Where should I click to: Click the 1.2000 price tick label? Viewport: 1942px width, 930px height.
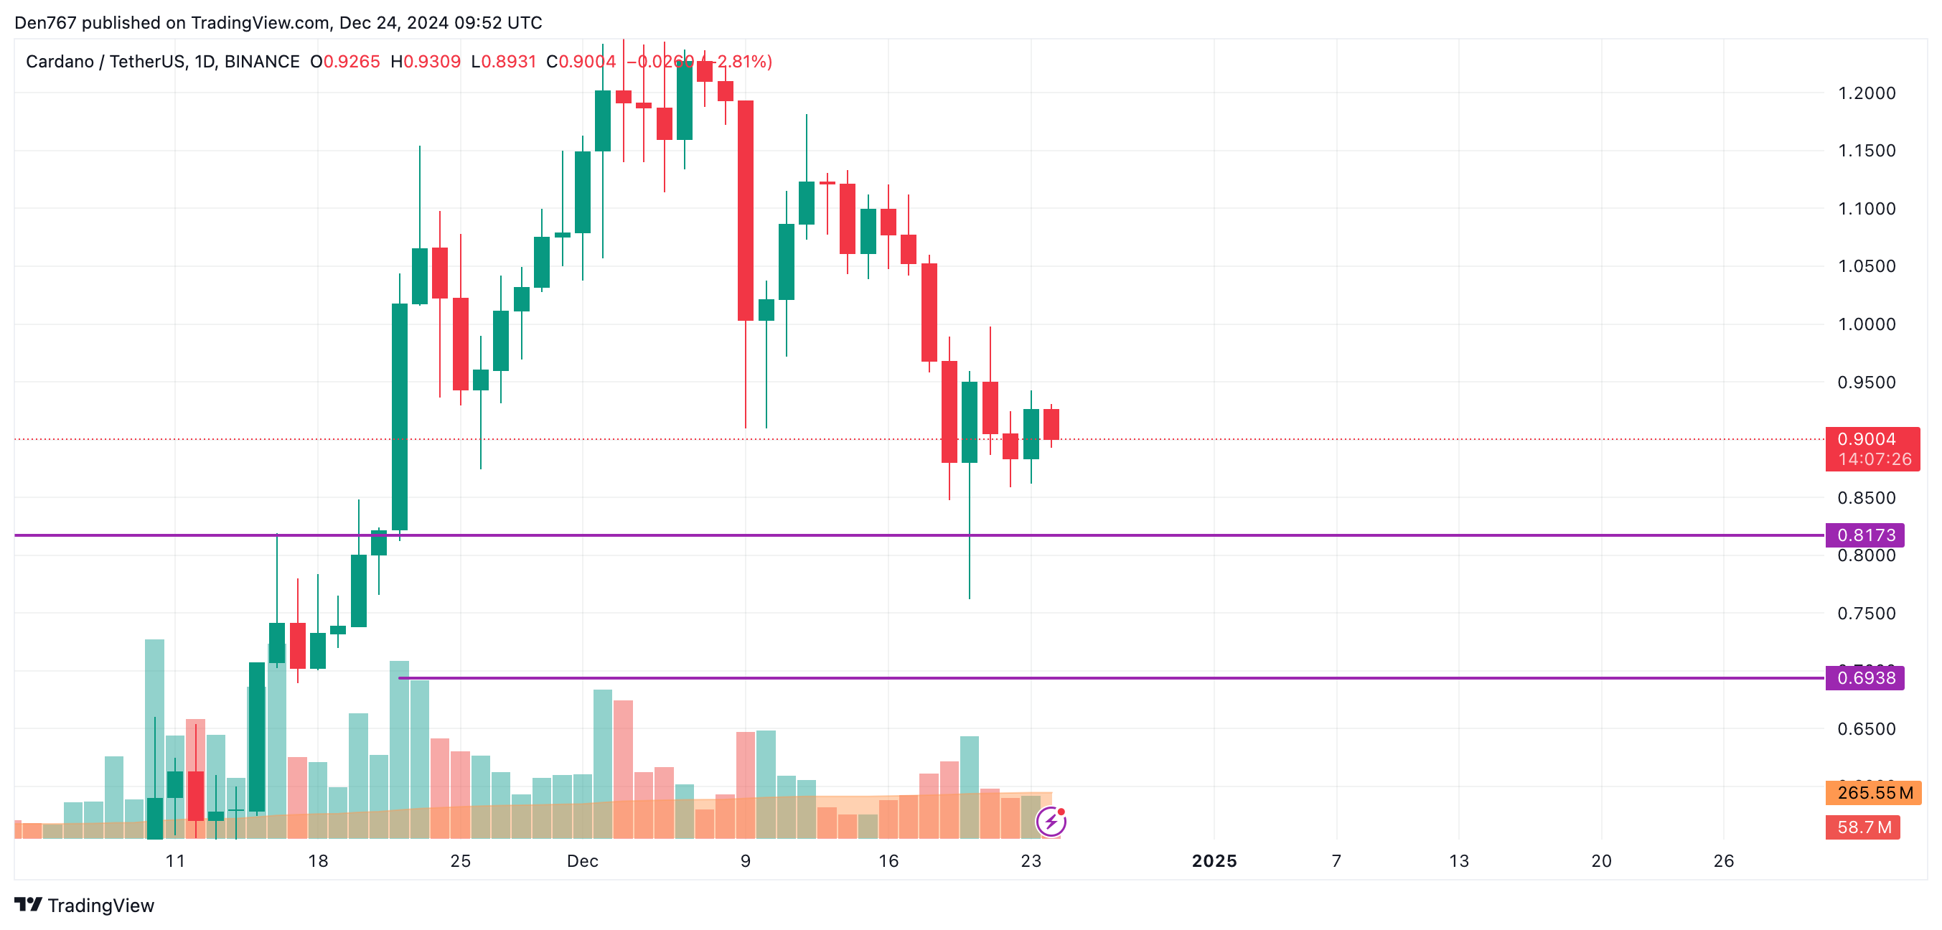[x=1866, y=93]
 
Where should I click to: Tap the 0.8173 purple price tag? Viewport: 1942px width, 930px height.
[x=1864, y=535]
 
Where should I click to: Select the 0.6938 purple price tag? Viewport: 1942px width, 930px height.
[x=1864, y=677]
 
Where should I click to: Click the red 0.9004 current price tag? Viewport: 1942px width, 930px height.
[x=1872, y=448]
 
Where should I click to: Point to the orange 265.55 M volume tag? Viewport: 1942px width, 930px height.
[x=1872, y=793]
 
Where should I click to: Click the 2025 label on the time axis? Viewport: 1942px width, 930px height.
[x=1214, y=860]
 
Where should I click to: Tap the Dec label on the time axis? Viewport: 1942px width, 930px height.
[x=582, y=860]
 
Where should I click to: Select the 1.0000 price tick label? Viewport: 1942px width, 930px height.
[x=1866, y=324]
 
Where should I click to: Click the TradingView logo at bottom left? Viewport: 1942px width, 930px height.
[x=85, y=905]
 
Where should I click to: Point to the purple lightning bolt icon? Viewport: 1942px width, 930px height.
[x=1051, y=822]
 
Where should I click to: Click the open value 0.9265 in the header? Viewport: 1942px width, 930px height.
[x=352, y=62]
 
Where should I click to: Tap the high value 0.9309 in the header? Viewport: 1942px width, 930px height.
[x=432, y=62]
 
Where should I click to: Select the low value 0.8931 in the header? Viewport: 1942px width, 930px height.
[x=509, y=62]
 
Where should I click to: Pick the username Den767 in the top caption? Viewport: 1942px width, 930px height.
[x=45, y=23]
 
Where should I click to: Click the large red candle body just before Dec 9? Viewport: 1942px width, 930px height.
[x=746, y=211]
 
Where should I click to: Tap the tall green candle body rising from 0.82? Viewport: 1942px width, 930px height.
[x=400, y=417]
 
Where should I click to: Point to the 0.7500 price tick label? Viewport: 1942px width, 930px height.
[x=1866, y=614]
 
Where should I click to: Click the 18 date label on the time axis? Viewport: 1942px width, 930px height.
[x=318, y=860]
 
